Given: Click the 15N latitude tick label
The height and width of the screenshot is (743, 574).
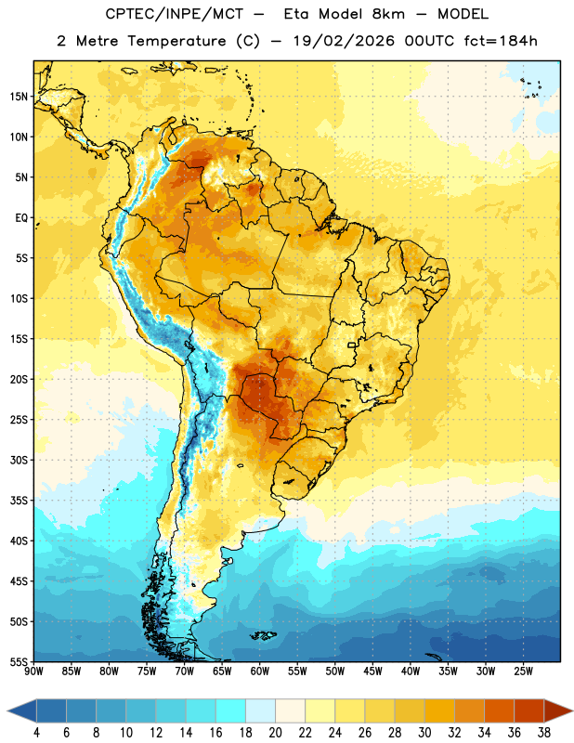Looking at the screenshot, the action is pos(19,97).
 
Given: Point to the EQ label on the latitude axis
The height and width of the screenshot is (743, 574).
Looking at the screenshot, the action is pos(21,218).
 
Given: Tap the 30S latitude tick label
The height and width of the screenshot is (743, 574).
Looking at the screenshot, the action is pos(19,460).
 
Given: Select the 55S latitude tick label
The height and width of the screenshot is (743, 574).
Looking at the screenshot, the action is pos(19,661).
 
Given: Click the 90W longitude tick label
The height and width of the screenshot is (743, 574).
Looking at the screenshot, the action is pos(33,671).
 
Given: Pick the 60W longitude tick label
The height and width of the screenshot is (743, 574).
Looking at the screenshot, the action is pos(260,671).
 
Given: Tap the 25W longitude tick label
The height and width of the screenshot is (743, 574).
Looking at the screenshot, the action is pos(523,671).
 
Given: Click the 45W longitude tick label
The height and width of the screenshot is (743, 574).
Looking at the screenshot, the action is pos(372,671).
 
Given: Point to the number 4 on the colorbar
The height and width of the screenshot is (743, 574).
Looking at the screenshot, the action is pos(36,733).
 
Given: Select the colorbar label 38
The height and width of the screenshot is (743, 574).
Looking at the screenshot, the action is pos(544,733).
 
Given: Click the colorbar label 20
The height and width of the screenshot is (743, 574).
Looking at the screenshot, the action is pos(275,733).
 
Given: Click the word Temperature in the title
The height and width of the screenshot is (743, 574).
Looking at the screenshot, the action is pos(176,41).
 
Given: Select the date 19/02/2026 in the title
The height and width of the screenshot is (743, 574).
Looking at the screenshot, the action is pos(344,41).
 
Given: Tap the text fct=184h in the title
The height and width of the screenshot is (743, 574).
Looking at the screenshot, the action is pos(501,41).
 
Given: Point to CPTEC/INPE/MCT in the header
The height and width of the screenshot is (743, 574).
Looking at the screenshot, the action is pos(175,14).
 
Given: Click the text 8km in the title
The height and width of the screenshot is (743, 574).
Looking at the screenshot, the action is pos(388,14).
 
